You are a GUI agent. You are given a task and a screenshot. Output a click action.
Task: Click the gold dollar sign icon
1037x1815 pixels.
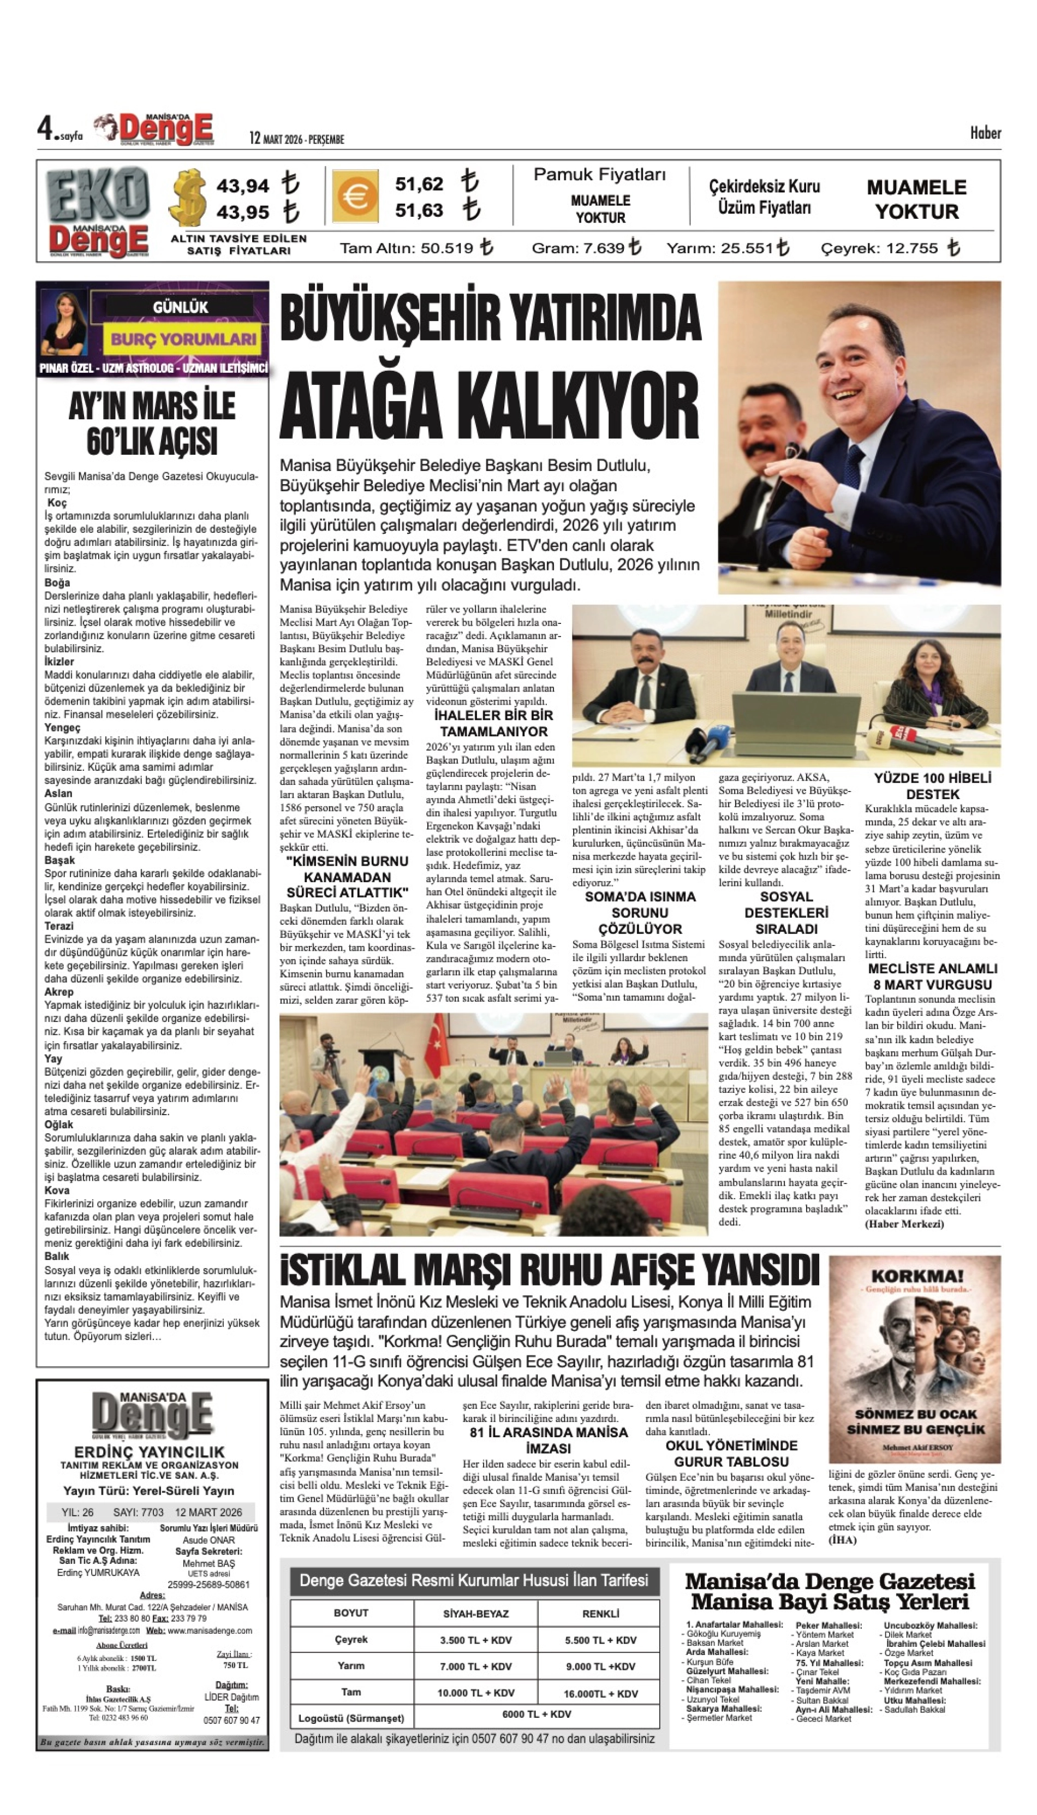tap(188, 198)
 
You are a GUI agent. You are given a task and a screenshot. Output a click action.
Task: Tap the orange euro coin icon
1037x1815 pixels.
tap(354, 197)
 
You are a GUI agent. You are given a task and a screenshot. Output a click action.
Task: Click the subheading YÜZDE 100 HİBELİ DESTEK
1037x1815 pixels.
tap(932, 785)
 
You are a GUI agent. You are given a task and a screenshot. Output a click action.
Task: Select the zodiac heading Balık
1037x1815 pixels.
tap(57, 1256)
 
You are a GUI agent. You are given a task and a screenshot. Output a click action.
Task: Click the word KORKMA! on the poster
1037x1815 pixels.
tap(916, 1276)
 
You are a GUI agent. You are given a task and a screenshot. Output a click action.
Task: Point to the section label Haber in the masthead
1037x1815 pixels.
tap(985, 133)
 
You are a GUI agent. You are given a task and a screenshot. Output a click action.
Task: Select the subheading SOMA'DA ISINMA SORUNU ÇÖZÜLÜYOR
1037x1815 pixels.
tap(640, 913)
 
